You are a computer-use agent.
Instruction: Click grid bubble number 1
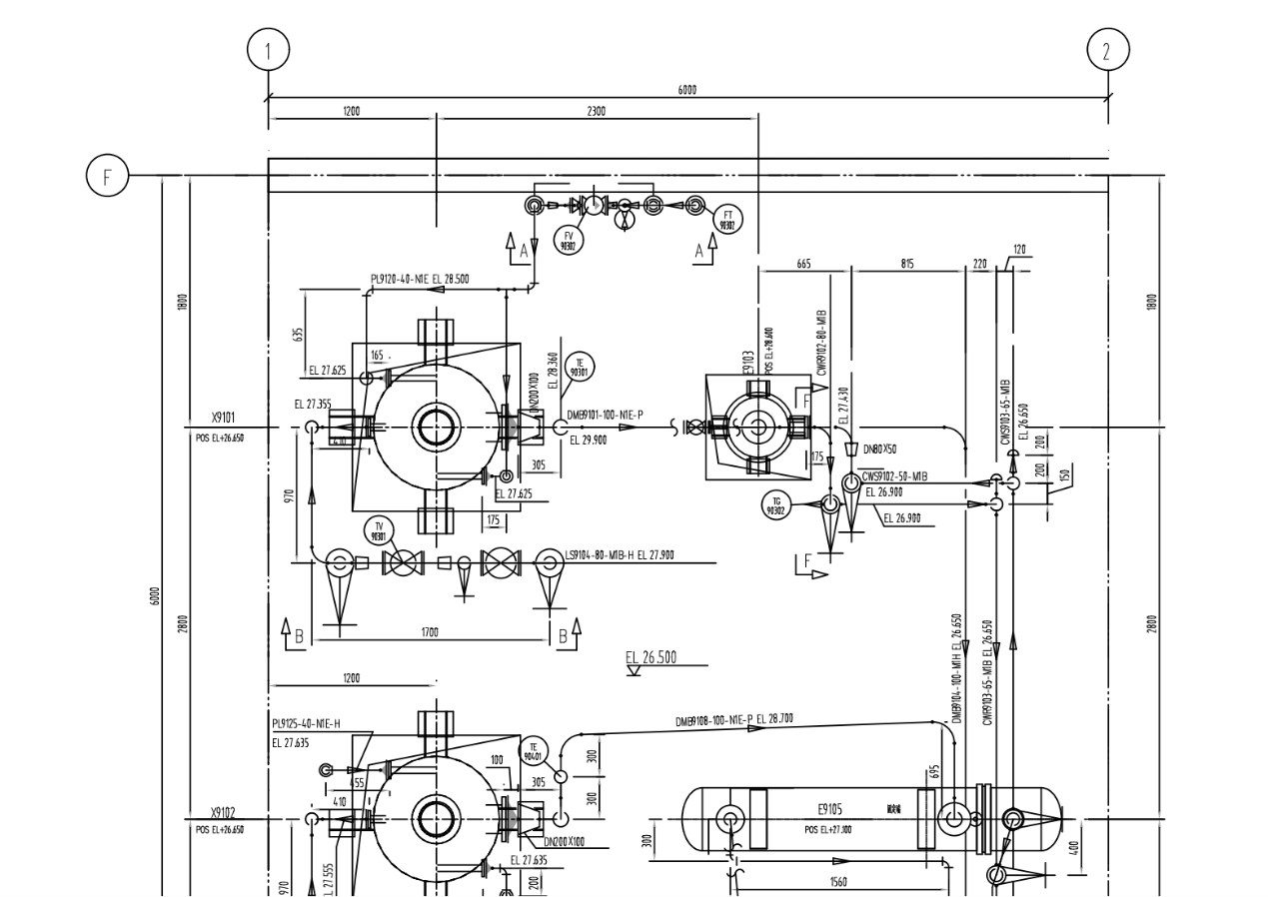(x=267, y=50)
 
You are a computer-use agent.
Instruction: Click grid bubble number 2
(x=1107, y=50)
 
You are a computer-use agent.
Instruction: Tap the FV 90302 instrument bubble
(x=569, y=241)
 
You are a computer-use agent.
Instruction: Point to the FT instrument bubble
(x=728, y=220)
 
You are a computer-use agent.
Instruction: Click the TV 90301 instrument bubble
(x=379, y=530)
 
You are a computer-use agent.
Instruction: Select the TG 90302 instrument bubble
(x=774, y=505)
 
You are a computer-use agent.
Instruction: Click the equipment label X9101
(x=223, y=418)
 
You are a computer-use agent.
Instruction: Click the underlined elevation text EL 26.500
(x=650, y=657)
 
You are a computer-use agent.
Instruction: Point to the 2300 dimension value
(x=596, y=111)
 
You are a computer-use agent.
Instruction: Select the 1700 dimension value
(x=429, y=632)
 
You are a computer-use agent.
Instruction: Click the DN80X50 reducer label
(x=879, y=448)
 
